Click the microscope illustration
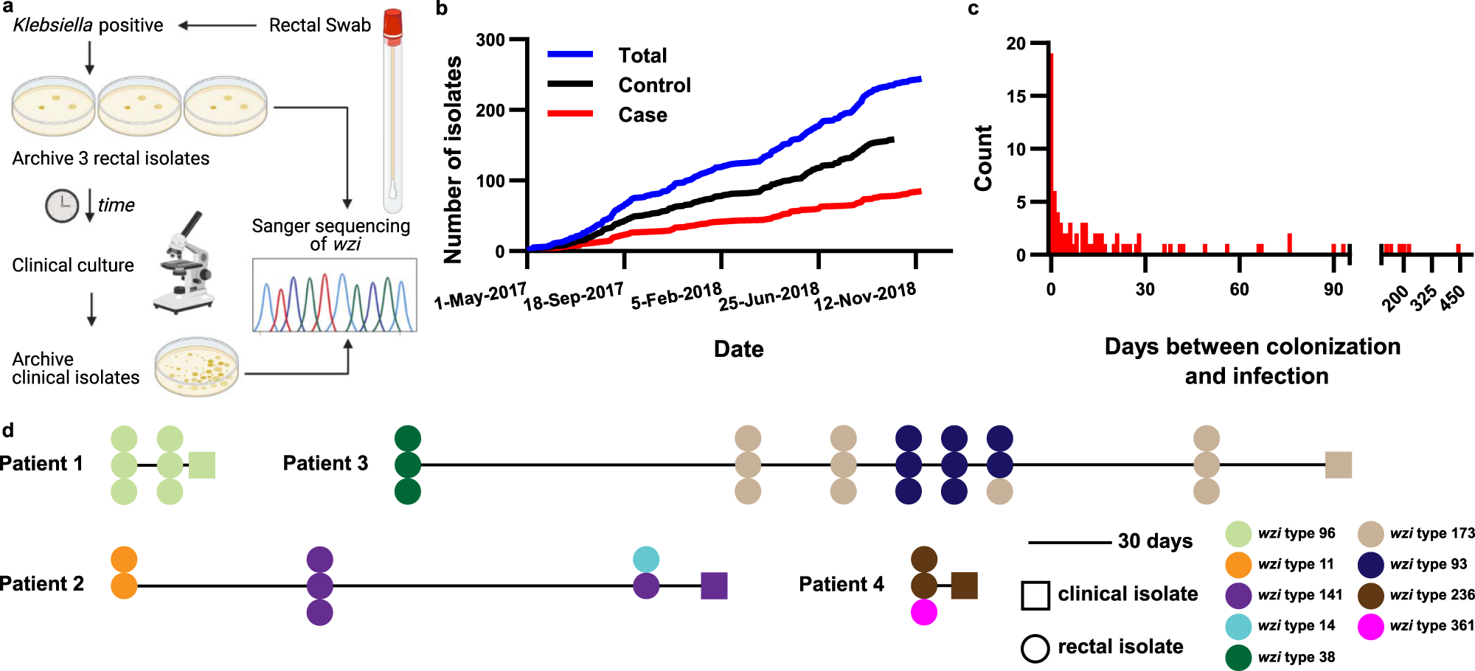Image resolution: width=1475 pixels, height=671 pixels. tap(184, 265)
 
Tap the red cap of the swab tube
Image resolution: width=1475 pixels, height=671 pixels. tap(392, 24)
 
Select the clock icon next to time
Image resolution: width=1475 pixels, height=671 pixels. tap(62, 206)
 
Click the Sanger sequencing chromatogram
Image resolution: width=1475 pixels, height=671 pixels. tap(335, 295)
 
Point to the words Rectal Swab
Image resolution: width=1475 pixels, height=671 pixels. tap(319, 25)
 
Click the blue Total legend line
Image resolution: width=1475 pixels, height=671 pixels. tap(570, 54)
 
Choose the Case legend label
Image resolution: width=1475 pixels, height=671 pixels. tap(642, 115)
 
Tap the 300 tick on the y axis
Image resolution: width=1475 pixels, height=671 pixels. tap(490, 40)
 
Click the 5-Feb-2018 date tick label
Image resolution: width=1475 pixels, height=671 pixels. tap(676, 296)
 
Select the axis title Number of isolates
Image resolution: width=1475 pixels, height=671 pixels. tap(453, 159)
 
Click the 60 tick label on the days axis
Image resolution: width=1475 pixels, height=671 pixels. tap(1239, 289)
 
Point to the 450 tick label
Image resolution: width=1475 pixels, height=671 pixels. tap(1452, 299)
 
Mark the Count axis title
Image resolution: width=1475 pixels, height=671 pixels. tap(983, 158)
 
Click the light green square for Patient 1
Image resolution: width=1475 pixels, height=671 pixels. tap(202, 465)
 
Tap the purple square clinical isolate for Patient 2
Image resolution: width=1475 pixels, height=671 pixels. tap(714, 585)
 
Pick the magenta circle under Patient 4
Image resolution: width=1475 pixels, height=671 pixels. tap(924, 612)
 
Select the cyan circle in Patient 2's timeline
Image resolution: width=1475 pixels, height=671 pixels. tap(646, 559)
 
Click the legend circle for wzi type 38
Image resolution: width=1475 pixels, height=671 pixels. tap(1238, 657)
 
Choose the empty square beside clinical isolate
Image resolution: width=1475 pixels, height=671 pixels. tap(1035, 595)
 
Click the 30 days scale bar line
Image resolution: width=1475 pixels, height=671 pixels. tap(1069, 543)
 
